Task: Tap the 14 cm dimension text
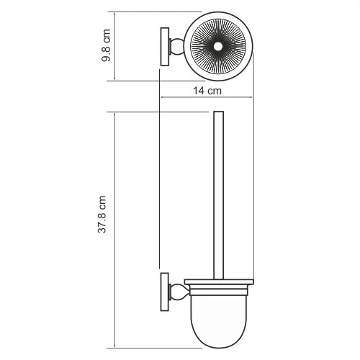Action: coord(207,91)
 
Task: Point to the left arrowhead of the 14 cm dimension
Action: coord(162,99)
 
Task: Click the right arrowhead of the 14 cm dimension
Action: coord(253,99)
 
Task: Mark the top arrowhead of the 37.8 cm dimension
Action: coord(113,114)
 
